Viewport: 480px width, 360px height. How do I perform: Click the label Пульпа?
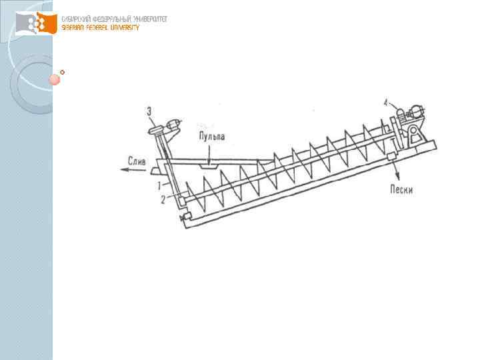tap(211, 137)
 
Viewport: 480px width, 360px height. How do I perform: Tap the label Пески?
tap(401, 189)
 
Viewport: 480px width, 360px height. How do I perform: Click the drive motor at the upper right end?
tap(417, 113)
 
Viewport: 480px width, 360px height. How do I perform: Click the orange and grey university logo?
tap(37, 24)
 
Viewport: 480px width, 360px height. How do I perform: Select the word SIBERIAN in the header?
tap(75, 27)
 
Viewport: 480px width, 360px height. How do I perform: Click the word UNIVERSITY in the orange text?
tap(123, 27)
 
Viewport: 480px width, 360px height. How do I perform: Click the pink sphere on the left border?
tap(53, 79)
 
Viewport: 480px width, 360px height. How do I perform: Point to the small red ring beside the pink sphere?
tap(63, 71)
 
